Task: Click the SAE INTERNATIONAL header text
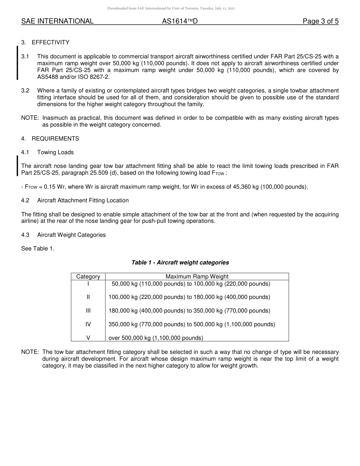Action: click(x=57, y=22)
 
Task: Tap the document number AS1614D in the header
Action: click(x=180, y=22)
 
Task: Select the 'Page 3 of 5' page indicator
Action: click(x=320, y=22)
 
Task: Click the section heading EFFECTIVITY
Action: click(x=50, y=42)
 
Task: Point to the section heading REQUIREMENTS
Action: click(x=55, y=139)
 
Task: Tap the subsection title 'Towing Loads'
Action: click(x=55, y=152)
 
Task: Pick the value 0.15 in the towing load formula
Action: click(x=50, y=187)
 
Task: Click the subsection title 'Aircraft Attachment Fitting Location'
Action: click(x=83, y=200)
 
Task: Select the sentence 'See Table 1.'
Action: click(x=38, y=249)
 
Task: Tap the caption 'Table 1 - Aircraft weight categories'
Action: click(x=180, y=263)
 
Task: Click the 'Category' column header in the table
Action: click(x=88, y=277)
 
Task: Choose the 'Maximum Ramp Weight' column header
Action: click(x=197, y=277)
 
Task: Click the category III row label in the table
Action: click(x=88, y=311)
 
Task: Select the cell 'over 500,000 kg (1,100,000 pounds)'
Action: click(x=156, y=338)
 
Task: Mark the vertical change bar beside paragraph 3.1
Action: click(x=17, y=63)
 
